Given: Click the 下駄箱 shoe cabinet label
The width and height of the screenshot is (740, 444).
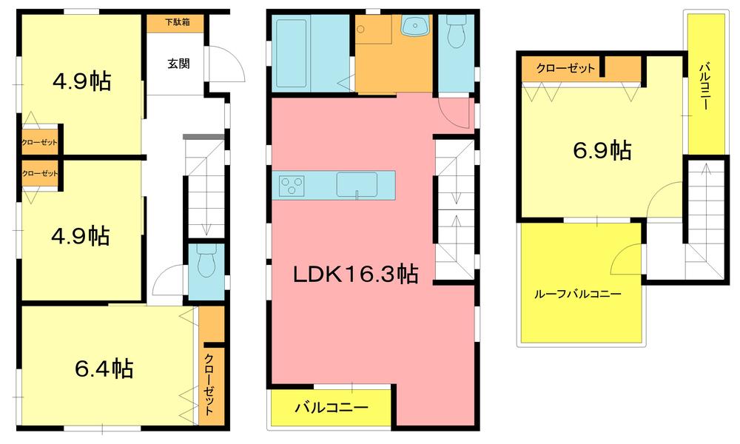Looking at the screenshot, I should tap(178, 22).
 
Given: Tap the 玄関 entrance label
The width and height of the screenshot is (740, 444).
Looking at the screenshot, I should tap(178, 64).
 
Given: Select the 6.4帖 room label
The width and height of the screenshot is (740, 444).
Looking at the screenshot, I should tap(104, 368).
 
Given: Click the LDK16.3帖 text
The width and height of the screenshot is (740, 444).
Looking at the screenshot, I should tap(355, 275).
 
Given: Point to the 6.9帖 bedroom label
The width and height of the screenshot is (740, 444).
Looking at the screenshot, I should tap(602, 151).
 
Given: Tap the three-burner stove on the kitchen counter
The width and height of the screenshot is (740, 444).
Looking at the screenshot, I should tap(292, 185).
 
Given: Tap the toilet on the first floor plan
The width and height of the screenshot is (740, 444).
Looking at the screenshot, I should tap(207, 261).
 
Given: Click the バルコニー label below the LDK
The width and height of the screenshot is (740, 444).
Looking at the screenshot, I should tap(332, 408).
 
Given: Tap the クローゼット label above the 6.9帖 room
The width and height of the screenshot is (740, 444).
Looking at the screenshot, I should tap(565, 69).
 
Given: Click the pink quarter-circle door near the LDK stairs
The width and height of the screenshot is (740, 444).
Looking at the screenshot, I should tap(454, 115).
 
